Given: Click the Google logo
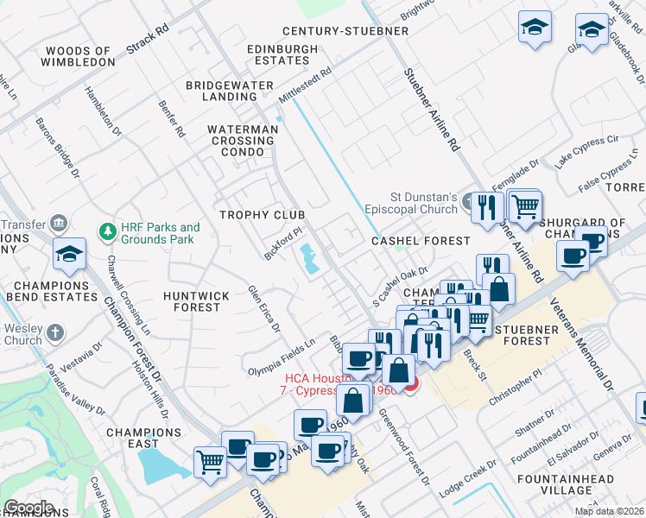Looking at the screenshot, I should (28, 508).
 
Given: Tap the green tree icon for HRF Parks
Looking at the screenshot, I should (108, 231).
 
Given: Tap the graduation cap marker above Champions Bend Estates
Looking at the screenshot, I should (69, 254).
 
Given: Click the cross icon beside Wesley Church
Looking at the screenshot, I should (54, 332).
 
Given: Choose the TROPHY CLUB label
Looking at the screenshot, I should (263, 214).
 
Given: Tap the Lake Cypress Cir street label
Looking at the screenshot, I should (588, 151).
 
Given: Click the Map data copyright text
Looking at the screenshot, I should (608, 511).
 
